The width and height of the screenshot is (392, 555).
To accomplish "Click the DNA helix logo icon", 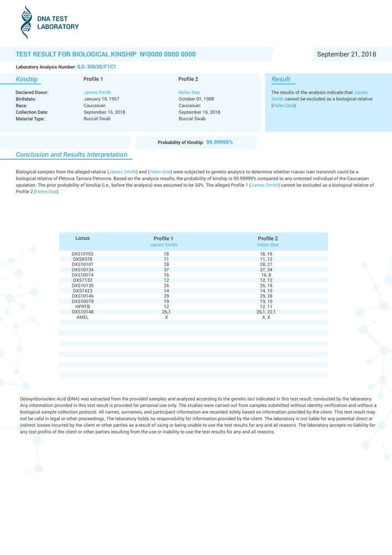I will [26, 23].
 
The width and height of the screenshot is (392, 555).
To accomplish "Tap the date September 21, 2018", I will [346, 54].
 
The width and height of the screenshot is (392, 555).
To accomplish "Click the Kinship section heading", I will [27, 79].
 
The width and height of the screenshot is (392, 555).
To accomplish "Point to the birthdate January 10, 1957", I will [101, 99].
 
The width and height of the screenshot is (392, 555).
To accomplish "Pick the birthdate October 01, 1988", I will [196, 99].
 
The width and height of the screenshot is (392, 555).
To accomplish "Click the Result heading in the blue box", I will [281, 79].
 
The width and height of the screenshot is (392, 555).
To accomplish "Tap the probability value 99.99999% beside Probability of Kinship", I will [220, 143].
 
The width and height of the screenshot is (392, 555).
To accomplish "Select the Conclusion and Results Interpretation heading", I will [72, 155].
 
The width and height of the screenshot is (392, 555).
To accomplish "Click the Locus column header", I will [82, 238].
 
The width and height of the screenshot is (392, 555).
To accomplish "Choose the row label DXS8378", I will [82, 259].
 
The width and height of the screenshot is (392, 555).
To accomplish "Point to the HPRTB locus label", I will [82, 306].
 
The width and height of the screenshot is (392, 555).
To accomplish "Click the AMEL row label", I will [82, 317].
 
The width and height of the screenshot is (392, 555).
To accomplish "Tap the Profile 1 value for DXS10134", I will [166, 270].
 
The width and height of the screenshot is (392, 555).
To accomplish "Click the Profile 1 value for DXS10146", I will [166, 296].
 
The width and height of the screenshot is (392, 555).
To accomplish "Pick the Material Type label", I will [30, 119].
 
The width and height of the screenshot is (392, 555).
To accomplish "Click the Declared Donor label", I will [32, 92].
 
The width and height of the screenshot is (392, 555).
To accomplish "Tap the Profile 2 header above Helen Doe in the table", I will [268, 239].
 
